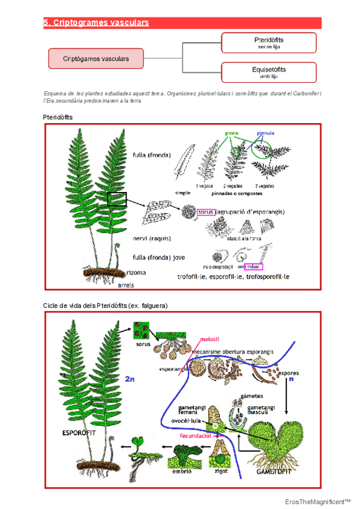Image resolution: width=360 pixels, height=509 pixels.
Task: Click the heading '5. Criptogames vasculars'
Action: (x=96, y=23)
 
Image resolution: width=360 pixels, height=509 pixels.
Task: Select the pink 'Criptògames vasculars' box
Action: (x=96, y=58)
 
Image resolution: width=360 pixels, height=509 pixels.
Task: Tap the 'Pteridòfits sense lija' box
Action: (x=269, y=42)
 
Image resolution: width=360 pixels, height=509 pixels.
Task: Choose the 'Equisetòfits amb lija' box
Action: (x=269, y=73)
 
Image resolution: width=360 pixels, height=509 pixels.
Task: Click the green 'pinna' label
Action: (x=232, y=133)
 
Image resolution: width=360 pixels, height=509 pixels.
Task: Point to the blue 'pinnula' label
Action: (x=266, y=133)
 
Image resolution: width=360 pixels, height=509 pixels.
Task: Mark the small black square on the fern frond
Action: (x=117, y=199)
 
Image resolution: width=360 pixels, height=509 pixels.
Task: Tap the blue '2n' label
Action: (x=130, y=379)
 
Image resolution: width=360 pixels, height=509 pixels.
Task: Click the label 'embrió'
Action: (x=181, y=472)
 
